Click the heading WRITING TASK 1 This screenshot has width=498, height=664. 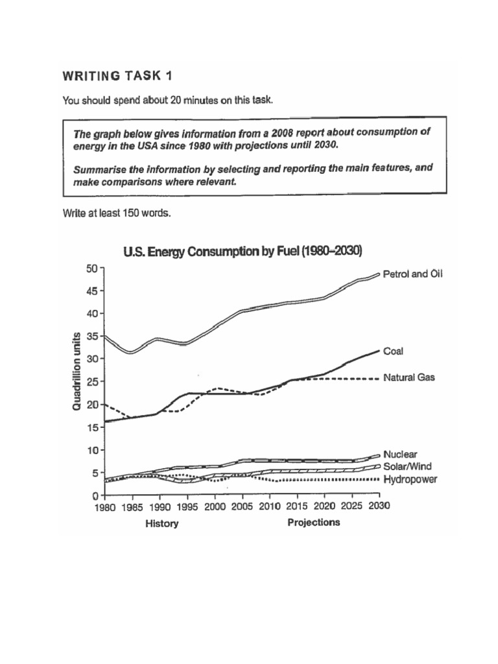click(x=117, y=76)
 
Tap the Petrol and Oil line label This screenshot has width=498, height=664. click(x=412, y=274)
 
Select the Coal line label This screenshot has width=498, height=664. click(x=394, y=351)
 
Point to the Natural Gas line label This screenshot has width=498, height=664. click(x=409, y=377)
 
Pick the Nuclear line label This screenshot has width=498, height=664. click(x=401, y=455)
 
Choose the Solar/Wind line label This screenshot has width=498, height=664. click(x=407, y=466)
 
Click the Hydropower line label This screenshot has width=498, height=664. click(x=410, y=479)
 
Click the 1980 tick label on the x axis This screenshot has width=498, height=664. click(x=104, y=507)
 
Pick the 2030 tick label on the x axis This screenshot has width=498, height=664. click(x=379, y=507)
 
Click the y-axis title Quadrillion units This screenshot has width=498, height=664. click(x=77, y=371)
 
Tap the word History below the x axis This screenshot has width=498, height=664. click(x=161, y=524)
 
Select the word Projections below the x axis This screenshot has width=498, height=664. click(x=313, y=523)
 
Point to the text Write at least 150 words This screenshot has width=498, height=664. click(x=117, y=213)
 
